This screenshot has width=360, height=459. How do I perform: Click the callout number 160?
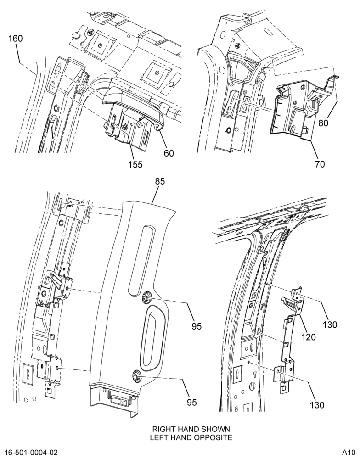(x=16, y=39)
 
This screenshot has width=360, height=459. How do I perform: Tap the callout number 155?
(x=135, y=164)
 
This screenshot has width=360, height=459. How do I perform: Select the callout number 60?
(x=169, y=153)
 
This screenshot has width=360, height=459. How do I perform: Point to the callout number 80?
(x=323, y=123)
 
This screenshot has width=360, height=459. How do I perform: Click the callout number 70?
(x=320, y=164)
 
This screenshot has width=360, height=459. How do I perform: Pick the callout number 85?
(x=160, y=181)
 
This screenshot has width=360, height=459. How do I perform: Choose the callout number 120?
(x=309, y=337)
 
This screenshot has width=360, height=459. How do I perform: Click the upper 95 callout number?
(x=197, y=326)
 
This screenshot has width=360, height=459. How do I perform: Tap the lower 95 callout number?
(x=192, y=403)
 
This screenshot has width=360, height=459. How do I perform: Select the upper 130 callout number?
(x=330, y=325)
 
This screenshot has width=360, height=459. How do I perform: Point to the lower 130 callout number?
(x=317, y=405)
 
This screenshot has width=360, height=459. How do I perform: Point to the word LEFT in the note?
(x=157, y=437)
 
